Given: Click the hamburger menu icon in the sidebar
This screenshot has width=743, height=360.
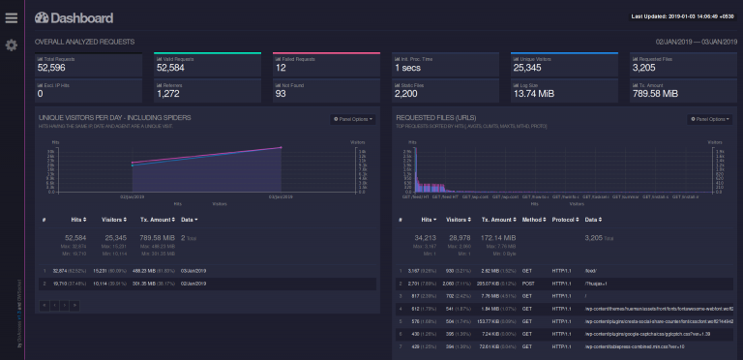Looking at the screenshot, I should (11, 16).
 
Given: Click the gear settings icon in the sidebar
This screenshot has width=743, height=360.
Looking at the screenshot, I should (11, 45).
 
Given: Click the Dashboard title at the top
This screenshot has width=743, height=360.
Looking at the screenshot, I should (74, 17).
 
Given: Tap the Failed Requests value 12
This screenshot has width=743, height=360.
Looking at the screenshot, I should (280, 68).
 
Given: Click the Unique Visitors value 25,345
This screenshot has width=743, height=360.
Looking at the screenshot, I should (534, 68).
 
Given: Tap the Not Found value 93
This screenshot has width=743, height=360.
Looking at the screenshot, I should (281, 94).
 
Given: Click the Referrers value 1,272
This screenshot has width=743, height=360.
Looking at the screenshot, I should (166, 94).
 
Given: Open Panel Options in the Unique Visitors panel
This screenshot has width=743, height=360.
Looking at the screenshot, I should (350, 119).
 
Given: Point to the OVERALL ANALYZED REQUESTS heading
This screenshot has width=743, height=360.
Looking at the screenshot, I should (85, 43).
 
